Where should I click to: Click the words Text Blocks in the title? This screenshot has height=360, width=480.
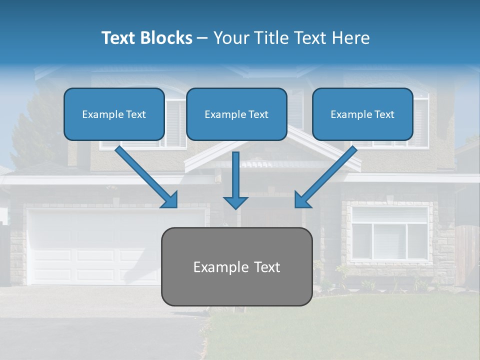point(146,37)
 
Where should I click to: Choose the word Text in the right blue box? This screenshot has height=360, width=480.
point(384,114)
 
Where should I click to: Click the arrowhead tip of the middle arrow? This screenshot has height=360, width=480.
point(236,208)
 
